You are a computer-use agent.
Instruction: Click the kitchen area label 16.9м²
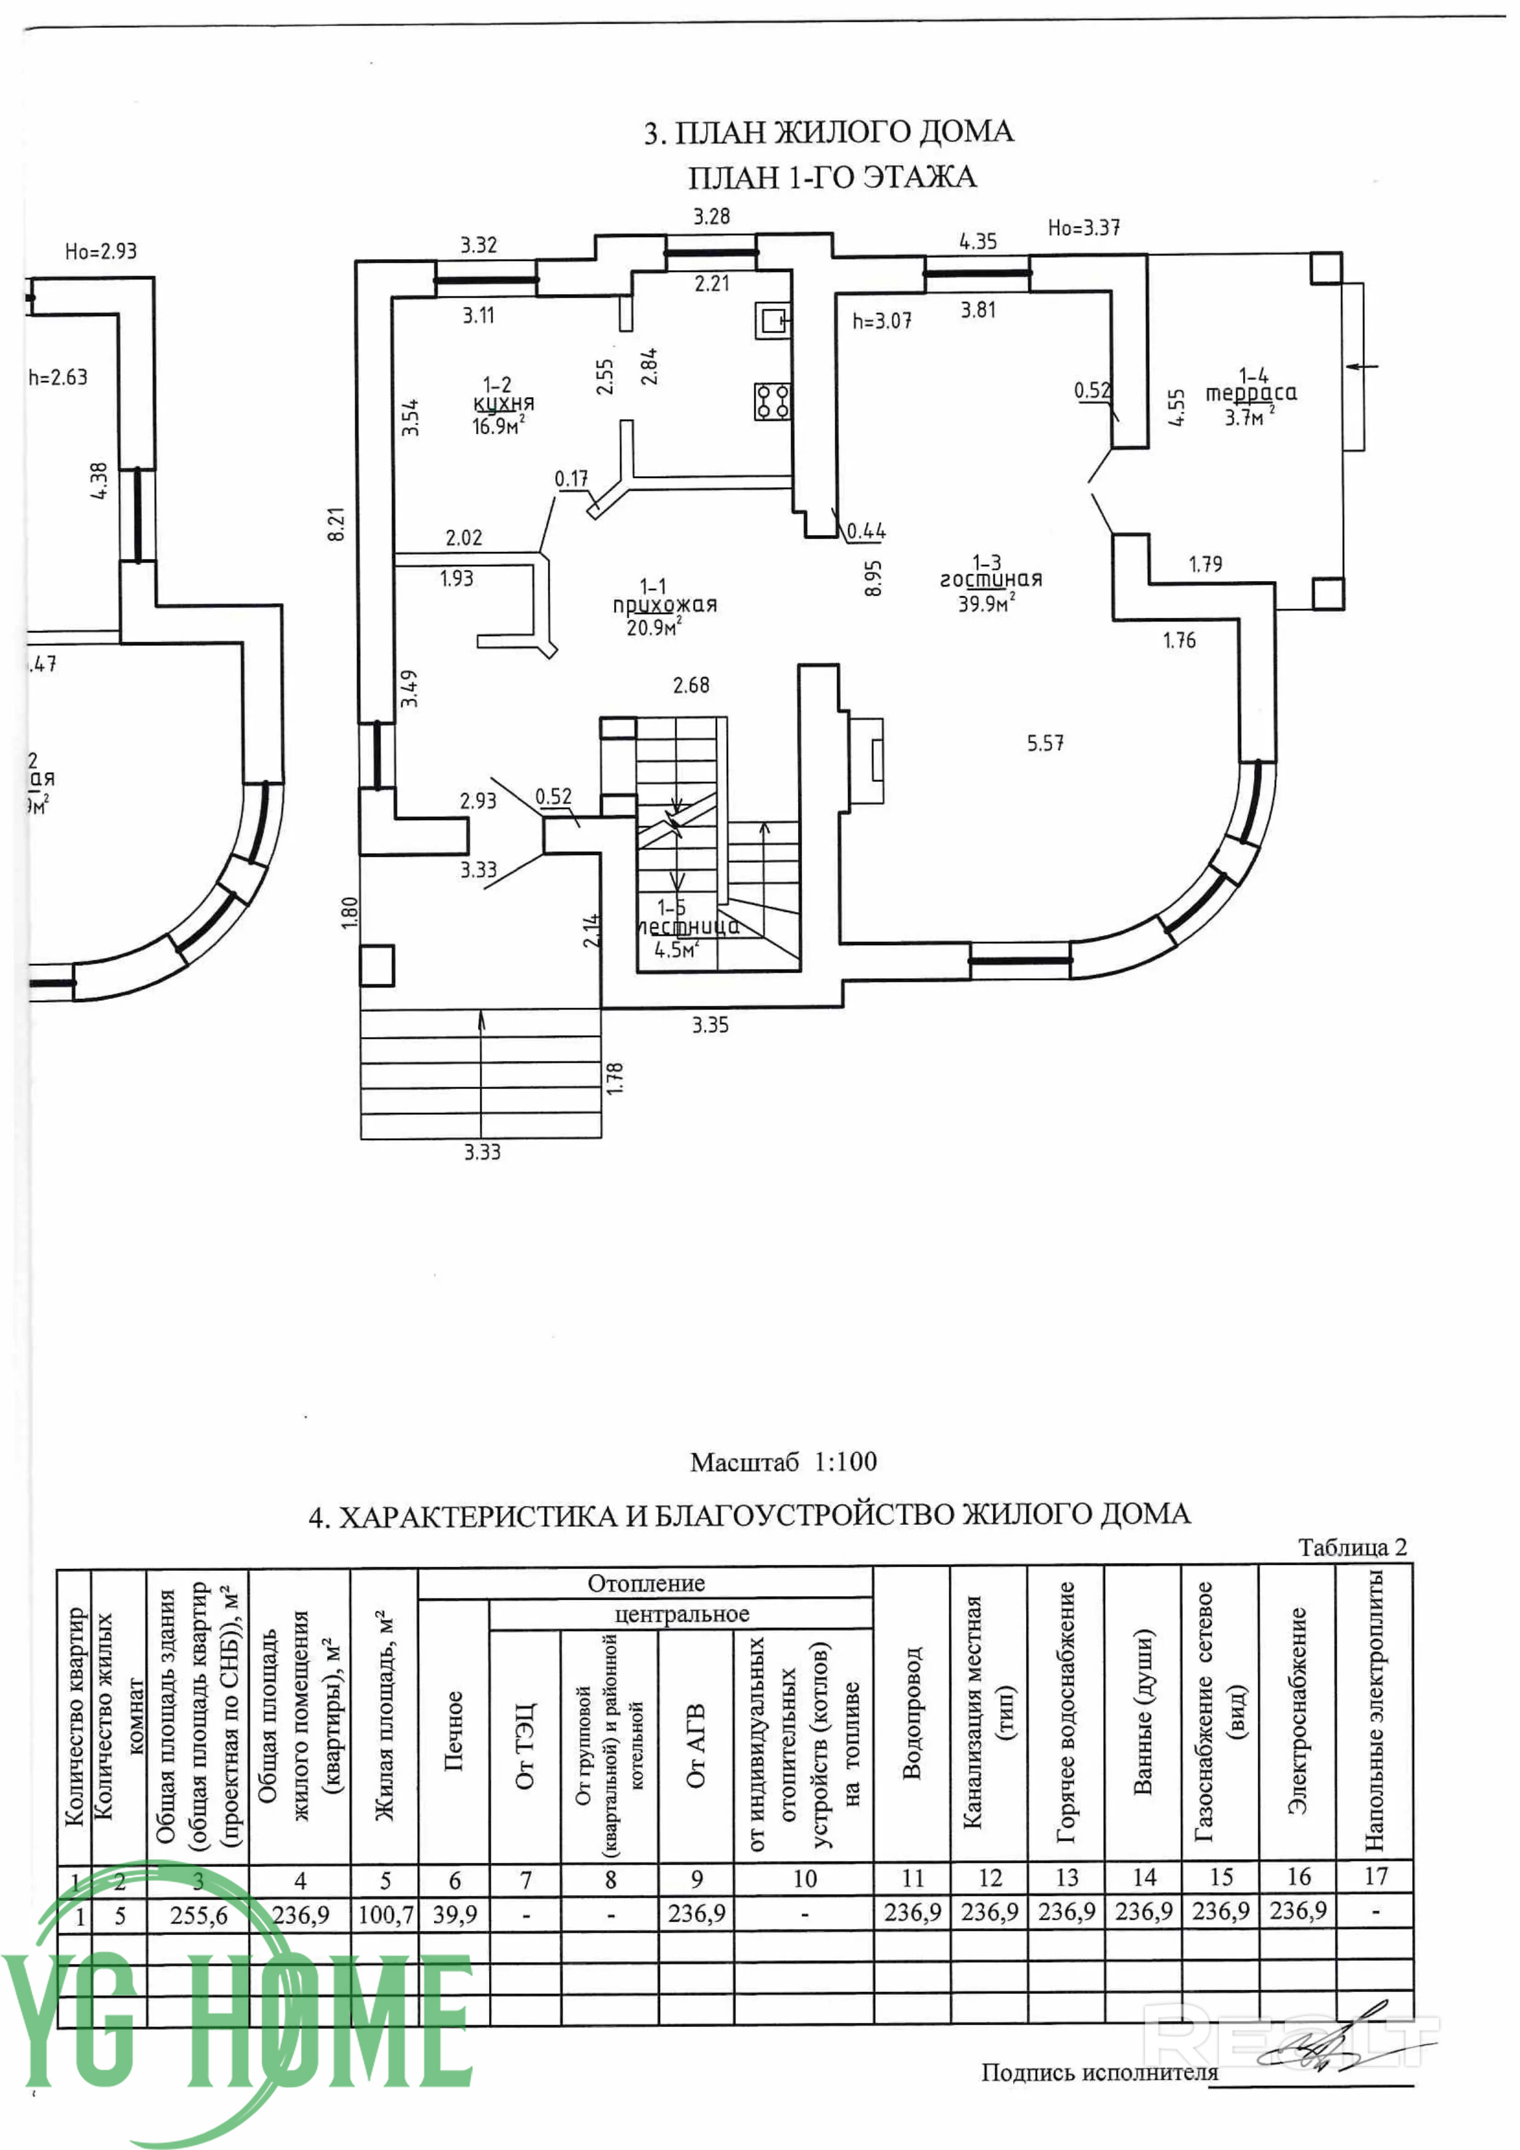(497, 427)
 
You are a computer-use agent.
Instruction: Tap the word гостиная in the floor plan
(991, 580)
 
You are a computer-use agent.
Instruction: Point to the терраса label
(1250, 394)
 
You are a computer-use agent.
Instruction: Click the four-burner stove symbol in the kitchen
(773, 401)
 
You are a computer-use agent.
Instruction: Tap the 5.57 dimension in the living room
(1045, 743)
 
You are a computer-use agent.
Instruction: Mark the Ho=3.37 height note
(1084, 227)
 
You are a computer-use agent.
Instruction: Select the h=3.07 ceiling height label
(881, 321)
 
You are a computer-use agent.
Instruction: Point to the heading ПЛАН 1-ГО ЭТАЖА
(832, 177)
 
